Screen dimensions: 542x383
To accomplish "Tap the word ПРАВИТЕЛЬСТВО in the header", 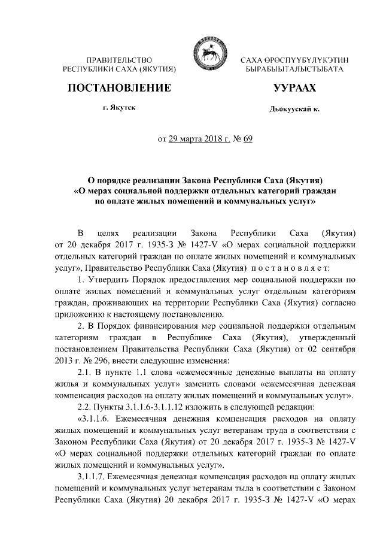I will [x=118, y=60].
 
